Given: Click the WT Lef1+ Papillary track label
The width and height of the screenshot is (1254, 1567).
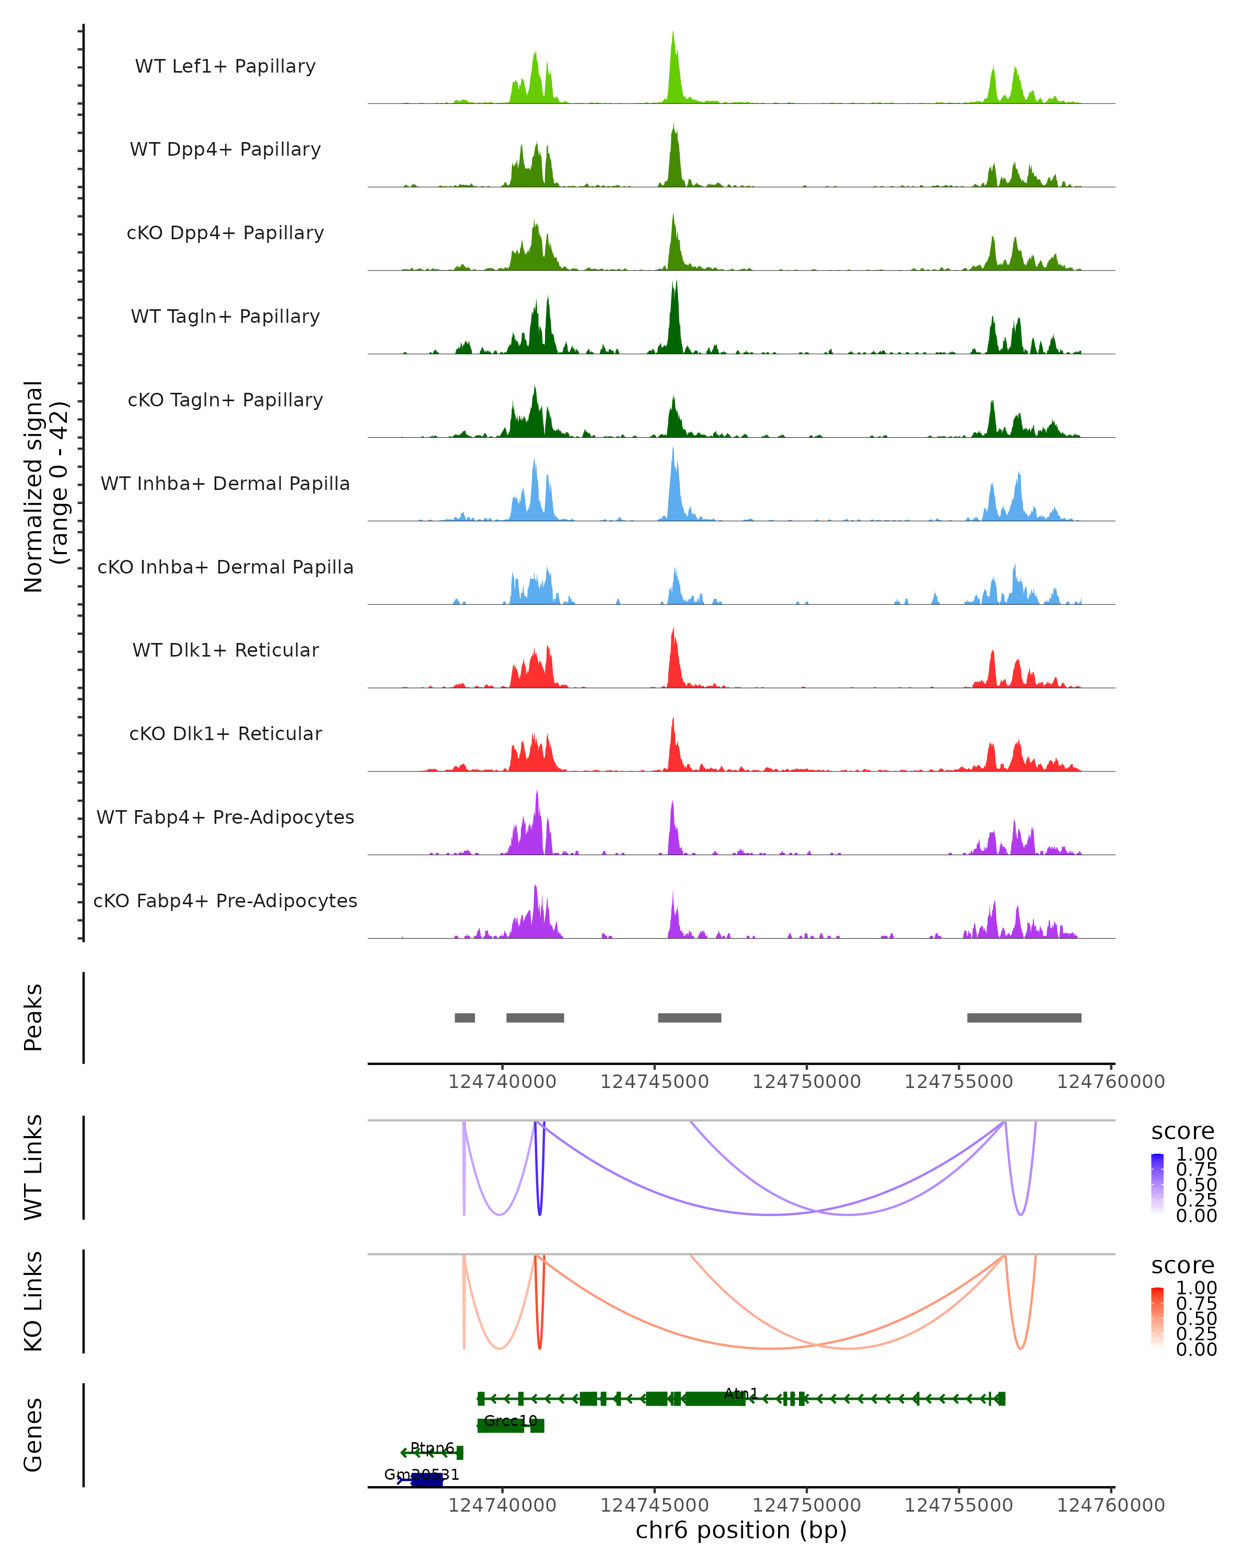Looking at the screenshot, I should pyautogui.click(x=225, y=66).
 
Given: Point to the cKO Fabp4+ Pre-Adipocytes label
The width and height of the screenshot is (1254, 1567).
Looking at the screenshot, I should pyautogui.click(x=225, y=901).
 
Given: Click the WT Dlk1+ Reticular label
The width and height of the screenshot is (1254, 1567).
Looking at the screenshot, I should pyautogui.click(x=225, y=650).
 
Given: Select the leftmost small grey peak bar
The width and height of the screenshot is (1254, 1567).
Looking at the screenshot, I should pyautogui.click(x=465, y=1018).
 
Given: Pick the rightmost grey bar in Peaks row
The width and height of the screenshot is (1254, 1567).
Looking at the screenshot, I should pyautogui.click(x=1024, y=1018).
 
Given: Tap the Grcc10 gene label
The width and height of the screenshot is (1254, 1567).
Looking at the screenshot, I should pyautogui.click(x=510, y=1420).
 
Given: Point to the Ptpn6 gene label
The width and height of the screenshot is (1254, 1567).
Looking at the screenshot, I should pyautogui.click(x=432, y=1448).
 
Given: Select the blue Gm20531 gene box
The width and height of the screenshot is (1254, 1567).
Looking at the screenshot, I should pyautogui.click(x=427, y=1480).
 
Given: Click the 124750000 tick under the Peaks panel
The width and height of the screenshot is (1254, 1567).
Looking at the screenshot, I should pyautogui.click(x=806, y=1082).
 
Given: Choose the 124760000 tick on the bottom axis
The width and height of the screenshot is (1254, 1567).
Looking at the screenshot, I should pyautogui.click(x=1111, y=1505).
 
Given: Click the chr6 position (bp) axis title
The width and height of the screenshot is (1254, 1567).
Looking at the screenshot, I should pyautogui.click(x=741, y=1530).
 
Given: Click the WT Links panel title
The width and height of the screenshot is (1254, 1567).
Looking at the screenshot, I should pyautogui.click(x=33, y=1167).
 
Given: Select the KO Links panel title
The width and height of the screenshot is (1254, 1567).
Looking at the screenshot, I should pyautogui.click(x=33, y=1301).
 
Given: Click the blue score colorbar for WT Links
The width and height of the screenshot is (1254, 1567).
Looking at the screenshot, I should pyautogui.click(x=1157, y=1184).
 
